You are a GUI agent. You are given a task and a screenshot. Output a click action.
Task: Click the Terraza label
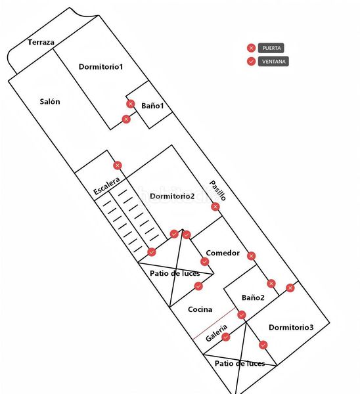[41, 42]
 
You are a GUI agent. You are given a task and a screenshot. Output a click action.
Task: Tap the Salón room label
[50, 102]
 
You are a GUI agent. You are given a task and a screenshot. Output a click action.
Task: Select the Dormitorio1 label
[101, 66]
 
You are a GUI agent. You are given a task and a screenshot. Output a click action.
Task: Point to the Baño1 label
[152, 106]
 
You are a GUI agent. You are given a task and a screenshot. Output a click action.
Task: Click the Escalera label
[106, 186]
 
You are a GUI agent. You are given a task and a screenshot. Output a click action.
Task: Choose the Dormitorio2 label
[172, 196]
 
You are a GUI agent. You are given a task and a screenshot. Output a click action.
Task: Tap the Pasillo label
[217, 190]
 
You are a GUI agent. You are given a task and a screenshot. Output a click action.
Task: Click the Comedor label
[223, 253]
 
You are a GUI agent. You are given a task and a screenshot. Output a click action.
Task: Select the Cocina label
[200, 309]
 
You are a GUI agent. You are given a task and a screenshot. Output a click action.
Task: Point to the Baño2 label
[253, 297]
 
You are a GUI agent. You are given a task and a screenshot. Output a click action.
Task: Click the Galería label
[216, 333]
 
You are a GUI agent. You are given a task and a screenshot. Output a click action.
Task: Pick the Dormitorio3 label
[291, 327]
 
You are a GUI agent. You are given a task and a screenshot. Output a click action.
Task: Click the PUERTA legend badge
[271, 48]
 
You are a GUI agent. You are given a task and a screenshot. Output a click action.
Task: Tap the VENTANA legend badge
[273, 61]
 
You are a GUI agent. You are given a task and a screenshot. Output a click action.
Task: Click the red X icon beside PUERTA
[251, 48]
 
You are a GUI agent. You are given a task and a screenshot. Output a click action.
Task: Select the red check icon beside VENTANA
[251, 61]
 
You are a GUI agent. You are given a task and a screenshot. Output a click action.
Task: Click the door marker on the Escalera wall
[118, 165]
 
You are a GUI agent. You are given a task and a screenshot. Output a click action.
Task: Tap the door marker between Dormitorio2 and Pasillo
[215, 207]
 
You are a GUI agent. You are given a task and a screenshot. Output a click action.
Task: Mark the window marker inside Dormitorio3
[263, 345]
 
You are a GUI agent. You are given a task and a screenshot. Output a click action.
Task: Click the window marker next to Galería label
[226, 337]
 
